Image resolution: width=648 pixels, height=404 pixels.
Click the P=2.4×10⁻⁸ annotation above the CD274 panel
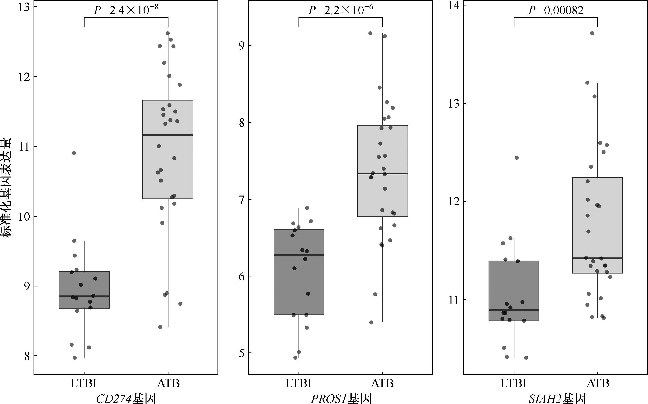click(126, 10)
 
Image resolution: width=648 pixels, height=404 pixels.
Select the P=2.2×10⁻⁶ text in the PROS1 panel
click(341, 10)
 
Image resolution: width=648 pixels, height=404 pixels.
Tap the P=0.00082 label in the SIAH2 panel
click(556, 10)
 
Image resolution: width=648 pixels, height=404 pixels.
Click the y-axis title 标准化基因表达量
click(6, 187)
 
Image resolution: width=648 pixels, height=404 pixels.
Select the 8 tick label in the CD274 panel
click(27, 356)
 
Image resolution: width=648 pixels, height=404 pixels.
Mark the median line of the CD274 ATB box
click(168, 135)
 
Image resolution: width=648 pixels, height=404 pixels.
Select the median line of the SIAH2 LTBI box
click(514, 310)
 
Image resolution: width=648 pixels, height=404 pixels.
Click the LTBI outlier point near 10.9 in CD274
click(74, 153)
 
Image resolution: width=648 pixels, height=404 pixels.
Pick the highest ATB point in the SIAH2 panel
click(592, 33)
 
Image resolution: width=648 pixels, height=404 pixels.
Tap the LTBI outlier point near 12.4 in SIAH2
click(517, 158)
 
